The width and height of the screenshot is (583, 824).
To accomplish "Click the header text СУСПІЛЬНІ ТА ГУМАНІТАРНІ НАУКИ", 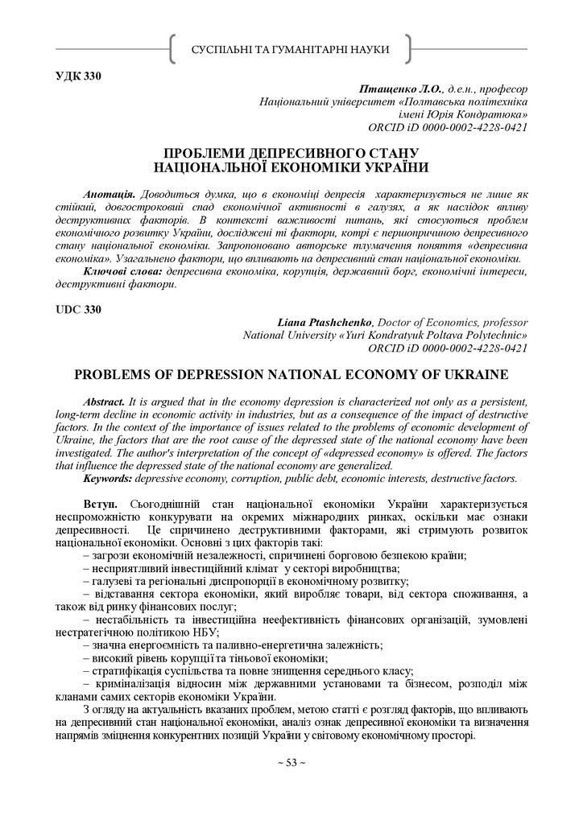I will [x=291, y=50].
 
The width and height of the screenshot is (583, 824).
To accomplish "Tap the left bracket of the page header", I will [x=173, y=50].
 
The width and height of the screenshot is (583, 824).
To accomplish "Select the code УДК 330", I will [x=78, y=76].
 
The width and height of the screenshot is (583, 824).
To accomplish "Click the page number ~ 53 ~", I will [x=291, y=762].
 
